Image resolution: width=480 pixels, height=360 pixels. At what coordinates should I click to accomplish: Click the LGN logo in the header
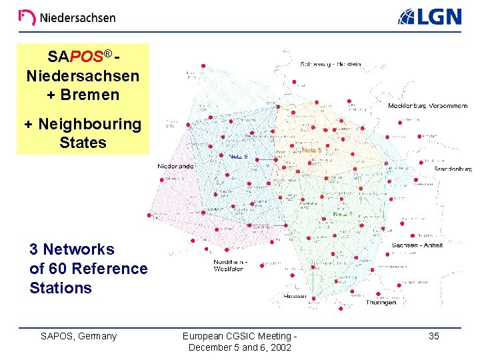click(430, 17)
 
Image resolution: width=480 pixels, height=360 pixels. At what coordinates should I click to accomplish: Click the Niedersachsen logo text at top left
click(67, 18)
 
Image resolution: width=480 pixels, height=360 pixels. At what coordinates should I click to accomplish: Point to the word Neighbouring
click(89, 124)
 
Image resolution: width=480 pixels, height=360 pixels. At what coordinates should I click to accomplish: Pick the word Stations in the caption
click(61, 288)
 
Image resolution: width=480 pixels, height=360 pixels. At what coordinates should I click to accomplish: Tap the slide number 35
click(433, 336)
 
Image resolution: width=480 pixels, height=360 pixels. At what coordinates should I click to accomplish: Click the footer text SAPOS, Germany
click(79, 336)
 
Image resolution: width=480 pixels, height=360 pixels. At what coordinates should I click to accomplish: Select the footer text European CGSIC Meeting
click(239, 336)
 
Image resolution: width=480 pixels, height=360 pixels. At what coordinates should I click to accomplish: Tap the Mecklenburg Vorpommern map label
click(427, 105)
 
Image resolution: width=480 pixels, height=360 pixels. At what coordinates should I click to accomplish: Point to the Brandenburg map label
click(453, 169)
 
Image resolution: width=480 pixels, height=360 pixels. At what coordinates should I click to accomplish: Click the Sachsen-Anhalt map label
click(417, 245)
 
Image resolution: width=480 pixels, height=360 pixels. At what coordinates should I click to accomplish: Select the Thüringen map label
click(381, 302)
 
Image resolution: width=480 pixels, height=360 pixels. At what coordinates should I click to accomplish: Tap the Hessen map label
click(294, 296)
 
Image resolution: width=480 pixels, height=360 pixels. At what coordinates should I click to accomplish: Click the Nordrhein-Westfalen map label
click(231, 265)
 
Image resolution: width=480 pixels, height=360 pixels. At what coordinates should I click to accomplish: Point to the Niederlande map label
click(175, 166)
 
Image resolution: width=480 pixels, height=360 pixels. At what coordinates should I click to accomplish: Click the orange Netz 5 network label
click(311, 151)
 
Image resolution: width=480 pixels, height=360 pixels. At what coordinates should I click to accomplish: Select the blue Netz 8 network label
click(238, 156)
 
